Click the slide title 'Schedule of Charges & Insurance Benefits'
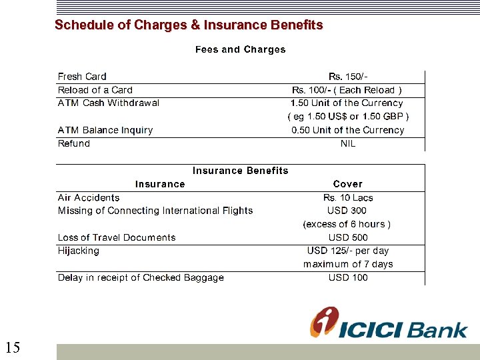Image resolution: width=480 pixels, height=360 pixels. click(189, 25)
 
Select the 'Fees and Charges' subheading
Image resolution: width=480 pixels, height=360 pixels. click(240, 49)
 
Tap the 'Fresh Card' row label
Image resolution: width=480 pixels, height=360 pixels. click(82, 77)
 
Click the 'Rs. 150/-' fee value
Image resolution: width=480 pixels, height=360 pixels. click(348, 77)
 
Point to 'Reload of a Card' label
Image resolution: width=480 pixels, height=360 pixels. click(95, 90)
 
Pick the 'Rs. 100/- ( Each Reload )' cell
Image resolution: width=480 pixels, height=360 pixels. click(347, 90)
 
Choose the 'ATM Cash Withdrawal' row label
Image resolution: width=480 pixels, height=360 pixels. click(109, 103)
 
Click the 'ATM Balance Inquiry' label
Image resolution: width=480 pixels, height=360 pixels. click(105, 130)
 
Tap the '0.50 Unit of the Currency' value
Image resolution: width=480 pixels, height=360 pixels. click(347, 130)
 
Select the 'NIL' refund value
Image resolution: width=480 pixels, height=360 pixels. click(348, 143)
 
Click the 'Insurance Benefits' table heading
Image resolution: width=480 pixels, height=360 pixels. click(241, 171)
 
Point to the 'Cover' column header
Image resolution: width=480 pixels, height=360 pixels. click(348, 184)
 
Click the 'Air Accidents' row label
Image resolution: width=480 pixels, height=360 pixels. click(89, 197)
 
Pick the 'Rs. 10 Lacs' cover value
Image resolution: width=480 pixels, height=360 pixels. click(348, 197)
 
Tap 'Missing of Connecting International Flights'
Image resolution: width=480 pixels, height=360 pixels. click(155, 211)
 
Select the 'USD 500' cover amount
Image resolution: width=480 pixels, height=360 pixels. click(348, 237)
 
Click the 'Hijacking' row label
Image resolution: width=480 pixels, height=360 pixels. click(79, 251)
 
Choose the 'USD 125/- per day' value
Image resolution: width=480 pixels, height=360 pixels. click(348, 251)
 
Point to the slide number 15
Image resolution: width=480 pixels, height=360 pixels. click(13, 347)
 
